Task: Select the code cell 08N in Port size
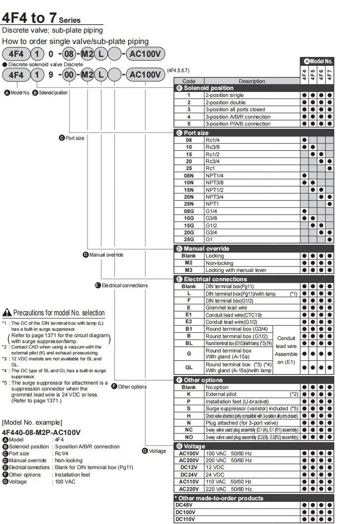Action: click(188, 175)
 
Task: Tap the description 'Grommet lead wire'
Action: click(227, 307)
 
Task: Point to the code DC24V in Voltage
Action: click(188, 474)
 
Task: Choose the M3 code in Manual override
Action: click(188, 270)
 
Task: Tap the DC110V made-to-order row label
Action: click(186, 519)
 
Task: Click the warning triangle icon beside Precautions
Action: click(7, 312)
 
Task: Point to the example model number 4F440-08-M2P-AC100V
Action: click(41, 432)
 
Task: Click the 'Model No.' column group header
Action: click(318, 61)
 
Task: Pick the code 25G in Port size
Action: click(188, 239)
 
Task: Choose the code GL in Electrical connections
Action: click(188, 368)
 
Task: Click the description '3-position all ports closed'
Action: click(235, 109)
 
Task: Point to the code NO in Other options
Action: click(188, 437)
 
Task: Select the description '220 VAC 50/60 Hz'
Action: click(228, 488)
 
